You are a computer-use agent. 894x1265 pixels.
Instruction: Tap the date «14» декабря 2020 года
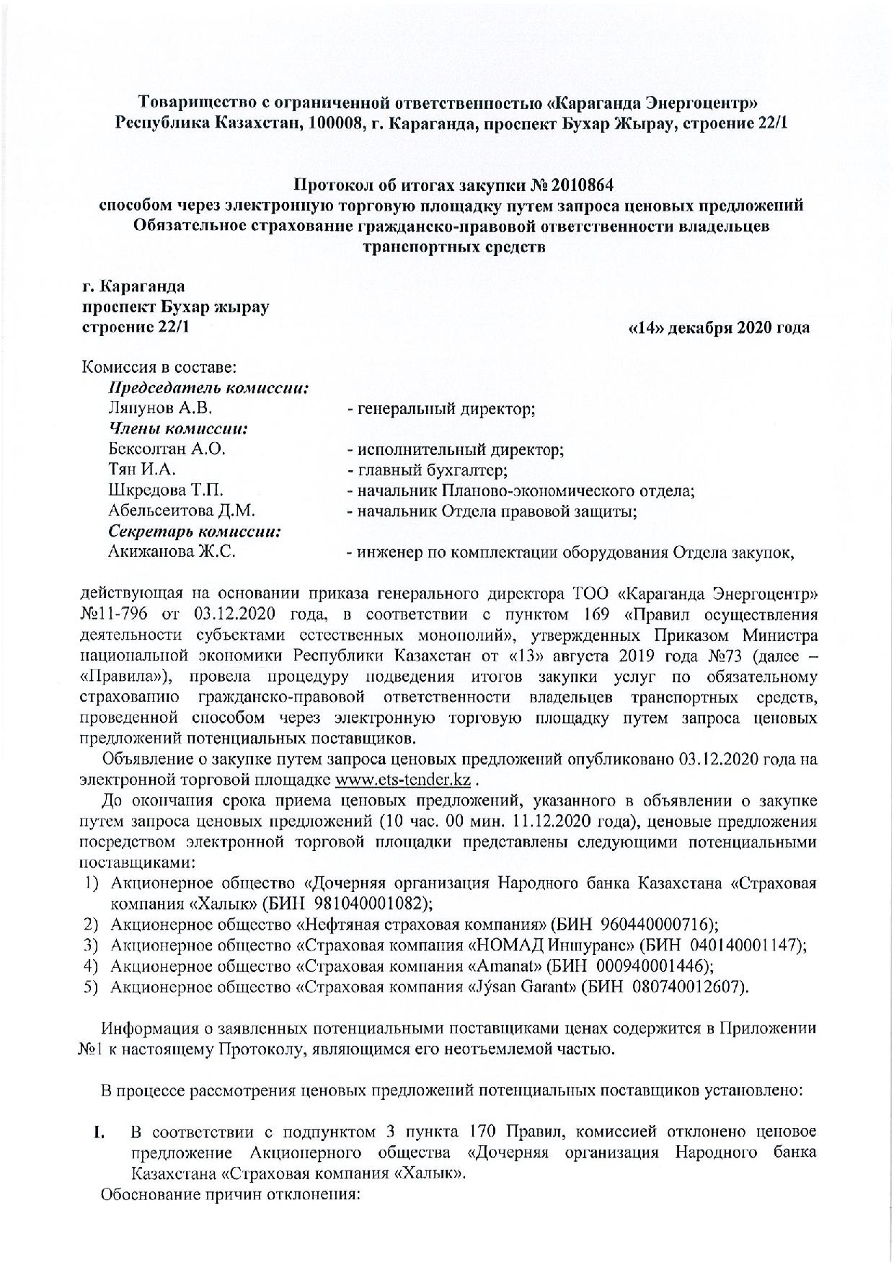[x=719, y=327]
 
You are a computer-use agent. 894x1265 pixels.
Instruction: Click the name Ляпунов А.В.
[x=159, y=408]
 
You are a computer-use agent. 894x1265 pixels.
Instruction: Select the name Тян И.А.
[x=142, y=470]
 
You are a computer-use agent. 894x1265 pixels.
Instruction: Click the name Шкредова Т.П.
[x=165, y=491]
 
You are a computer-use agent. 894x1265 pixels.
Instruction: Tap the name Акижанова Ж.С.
[x=172, y=552]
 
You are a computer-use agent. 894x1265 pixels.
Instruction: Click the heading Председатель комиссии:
[x=209, y=388]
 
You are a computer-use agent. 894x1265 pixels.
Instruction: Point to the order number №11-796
[x=116, y=615]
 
